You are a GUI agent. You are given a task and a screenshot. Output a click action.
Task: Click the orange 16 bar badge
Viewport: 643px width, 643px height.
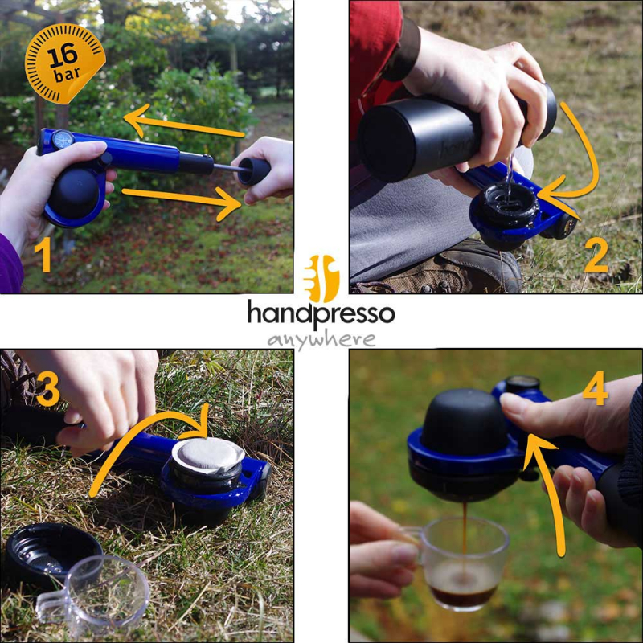pyautogui.click(x=65, y=63)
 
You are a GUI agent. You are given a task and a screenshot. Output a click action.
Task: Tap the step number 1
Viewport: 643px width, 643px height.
pyautogui.click(x=43, y=256)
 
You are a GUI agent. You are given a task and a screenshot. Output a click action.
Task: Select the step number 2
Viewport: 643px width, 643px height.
pyautogui.click(x=596, y=256)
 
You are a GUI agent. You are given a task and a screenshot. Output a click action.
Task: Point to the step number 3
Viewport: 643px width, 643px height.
pyautogui.click(x=48, y=390)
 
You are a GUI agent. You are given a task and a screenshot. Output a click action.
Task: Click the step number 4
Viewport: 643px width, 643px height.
pyautogui.click(x=595, y=387)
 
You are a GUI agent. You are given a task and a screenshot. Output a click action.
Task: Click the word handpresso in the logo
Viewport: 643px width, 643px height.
pyautogui.click(x=321, y=313)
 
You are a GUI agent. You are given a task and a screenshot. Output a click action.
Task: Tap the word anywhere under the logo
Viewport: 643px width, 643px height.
pyautogui.click(x=321, y=340)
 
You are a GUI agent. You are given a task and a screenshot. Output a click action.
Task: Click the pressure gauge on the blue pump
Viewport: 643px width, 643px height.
pyautogui.click(x=63, y=139)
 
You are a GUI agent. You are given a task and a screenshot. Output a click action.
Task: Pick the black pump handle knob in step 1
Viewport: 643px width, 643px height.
pyautogui.click(x=254, y=171)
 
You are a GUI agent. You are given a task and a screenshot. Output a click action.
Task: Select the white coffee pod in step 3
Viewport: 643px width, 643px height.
pyautogui.click(x=208, y=456)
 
